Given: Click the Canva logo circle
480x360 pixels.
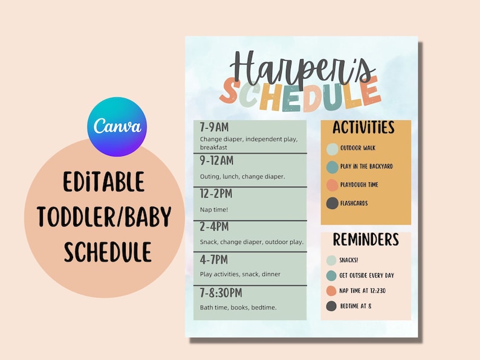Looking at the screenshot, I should [x=117, y=127].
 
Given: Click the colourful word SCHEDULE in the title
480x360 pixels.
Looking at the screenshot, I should [x=300, y=95].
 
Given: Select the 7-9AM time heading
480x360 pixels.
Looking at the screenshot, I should [x=215, y=127].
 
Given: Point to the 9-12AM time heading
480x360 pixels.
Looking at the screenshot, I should [x=216, y=161].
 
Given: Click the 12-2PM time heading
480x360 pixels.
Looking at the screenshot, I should [x=216, y=194].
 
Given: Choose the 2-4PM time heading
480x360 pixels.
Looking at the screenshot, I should [x=214, y=227].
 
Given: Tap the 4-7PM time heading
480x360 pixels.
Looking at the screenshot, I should [x=214, y=259].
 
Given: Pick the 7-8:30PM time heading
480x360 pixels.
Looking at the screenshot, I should [x=221, y=292].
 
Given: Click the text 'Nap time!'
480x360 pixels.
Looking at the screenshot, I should [x=213, y=210].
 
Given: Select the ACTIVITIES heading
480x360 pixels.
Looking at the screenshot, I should [x=363, y=128].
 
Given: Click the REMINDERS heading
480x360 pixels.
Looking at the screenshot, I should [x=366, y=240].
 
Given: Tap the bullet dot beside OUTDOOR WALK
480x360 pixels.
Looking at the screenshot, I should [x=332, y=148].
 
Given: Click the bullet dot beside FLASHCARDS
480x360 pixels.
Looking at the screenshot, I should [x=332, y=204].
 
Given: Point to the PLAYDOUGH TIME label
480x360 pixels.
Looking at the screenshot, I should [x=359, y=185].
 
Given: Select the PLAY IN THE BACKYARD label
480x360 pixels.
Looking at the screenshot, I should [x=366, y=166].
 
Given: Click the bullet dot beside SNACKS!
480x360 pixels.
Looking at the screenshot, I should [x=331, y=260].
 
